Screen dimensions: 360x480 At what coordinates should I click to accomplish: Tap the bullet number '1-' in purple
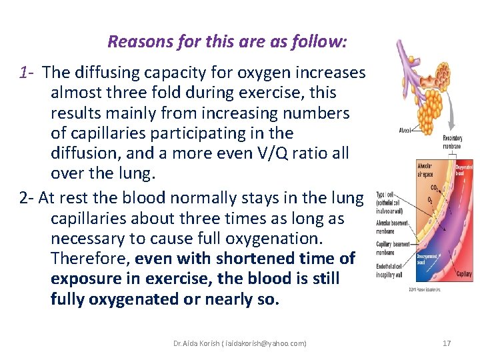(27, 72)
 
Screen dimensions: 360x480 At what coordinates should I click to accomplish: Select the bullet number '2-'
(27, 198)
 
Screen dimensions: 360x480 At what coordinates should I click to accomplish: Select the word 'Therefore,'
(91, 258)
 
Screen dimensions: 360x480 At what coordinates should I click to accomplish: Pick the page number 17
(447, 343)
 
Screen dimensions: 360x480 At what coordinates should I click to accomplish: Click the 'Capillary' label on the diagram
(463, 273)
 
